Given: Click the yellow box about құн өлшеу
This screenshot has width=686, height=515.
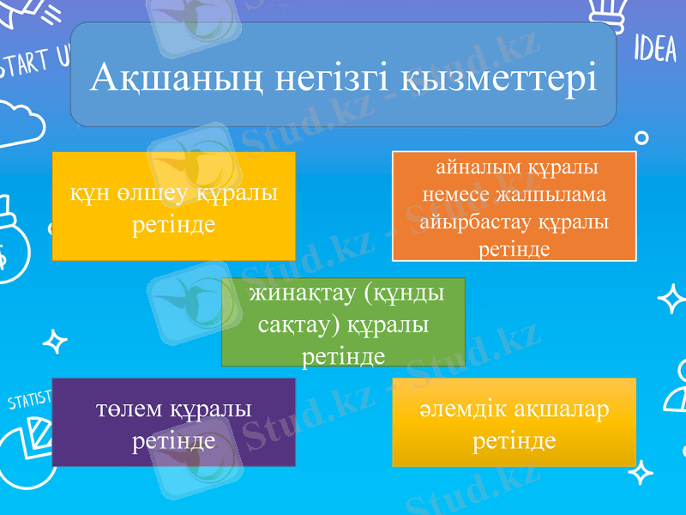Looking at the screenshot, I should (174, 206).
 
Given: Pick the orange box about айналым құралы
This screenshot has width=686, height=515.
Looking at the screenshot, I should (514, 206).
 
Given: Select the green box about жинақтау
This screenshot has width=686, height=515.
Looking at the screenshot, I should (343, 323).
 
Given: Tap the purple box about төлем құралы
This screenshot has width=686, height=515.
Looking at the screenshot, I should (174, 422).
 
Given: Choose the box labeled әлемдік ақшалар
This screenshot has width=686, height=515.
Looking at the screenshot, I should (514, 422).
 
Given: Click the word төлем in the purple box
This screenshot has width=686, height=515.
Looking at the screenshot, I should (129, 409).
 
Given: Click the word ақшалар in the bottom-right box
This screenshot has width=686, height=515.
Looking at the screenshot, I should (561, 409).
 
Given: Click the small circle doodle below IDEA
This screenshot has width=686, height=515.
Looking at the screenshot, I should (641, 136).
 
